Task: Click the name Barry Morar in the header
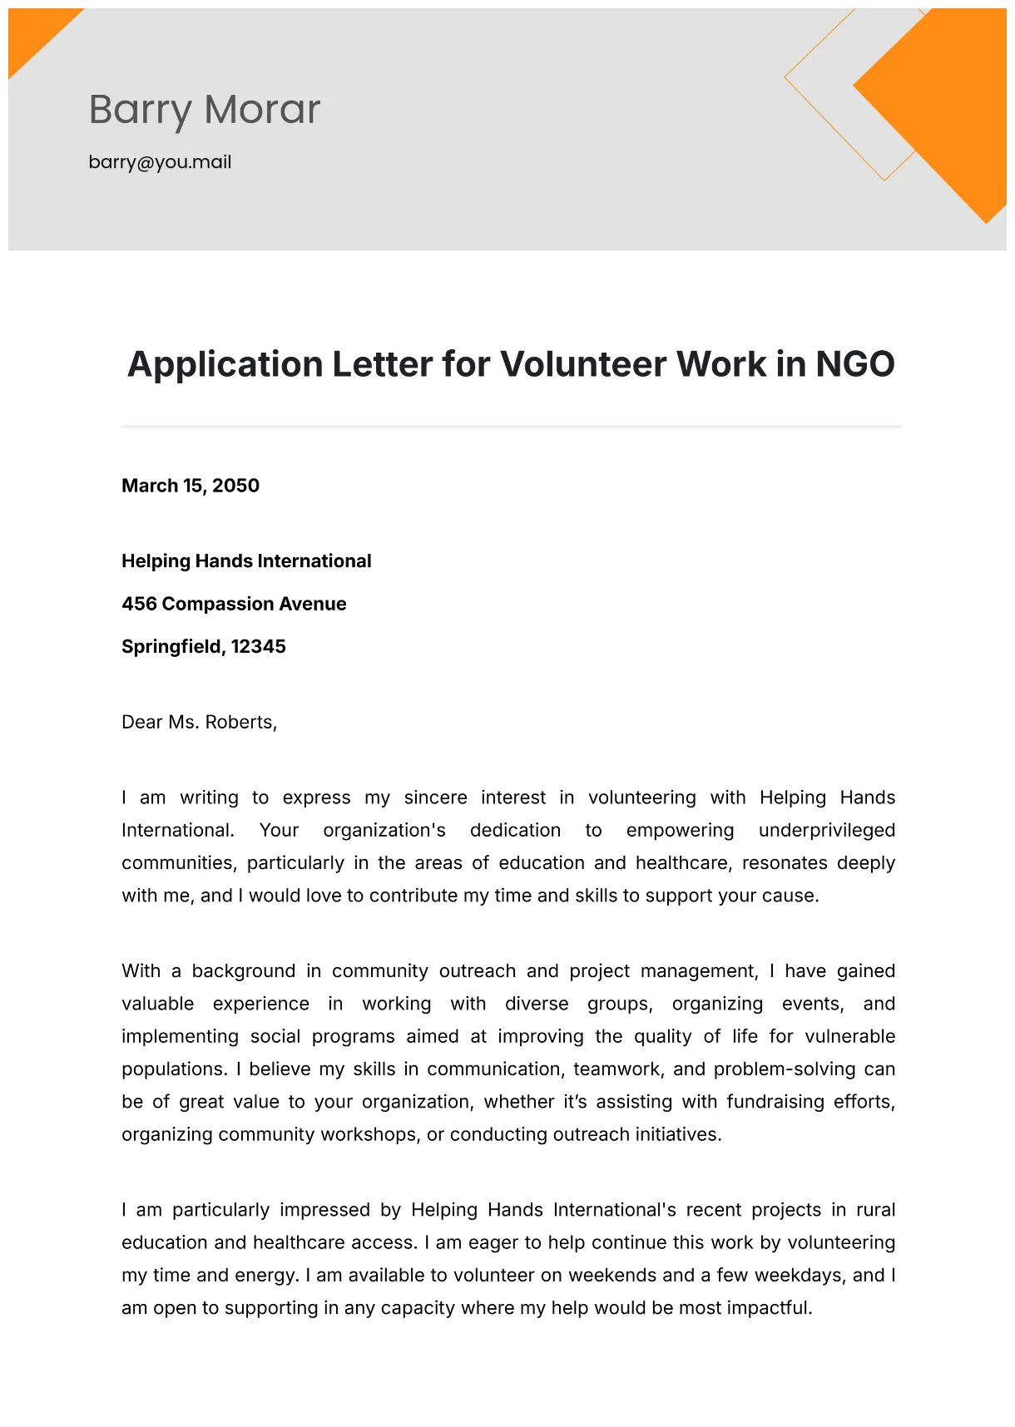pos(204,110)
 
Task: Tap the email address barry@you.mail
pos(160,162)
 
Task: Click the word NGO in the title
pos(854,364)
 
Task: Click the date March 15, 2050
pos(191,486)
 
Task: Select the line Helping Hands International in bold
pos(246,561)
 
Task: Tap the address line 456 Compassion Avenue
pos(234,604)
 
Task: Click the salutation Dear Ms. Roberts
pos(199,722)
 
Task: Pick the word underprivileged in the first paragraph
pos(826,830)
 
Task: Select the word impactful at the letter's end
pos(769,1307)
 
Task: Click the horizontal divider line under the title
pos(511,427)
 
